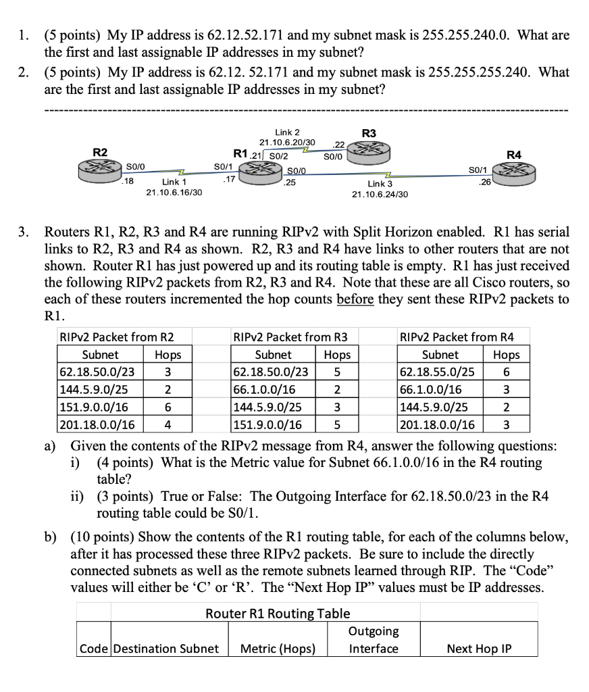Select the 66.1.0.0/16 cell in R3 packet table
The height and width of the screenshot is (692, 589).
click(x=264, y=389)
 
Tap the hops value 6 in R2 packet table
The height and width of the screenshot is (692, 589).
click(x=167, y=407)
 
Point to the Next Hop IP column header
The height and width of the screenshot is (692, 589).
click(x=479, y=649)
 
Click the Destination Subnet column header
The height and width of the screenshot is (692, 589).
click(x=165, y=649)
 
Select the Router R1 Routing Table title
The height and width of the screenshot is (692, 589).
click(x=278, y=614)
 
